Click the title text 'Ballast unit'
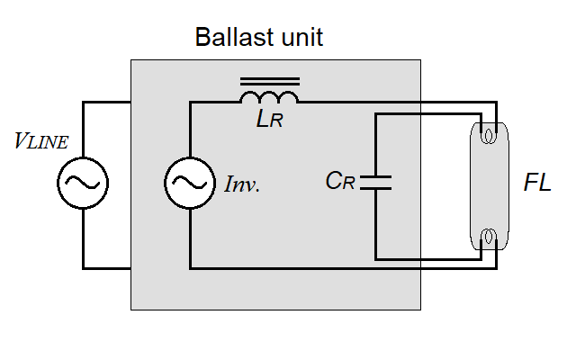coord(259,38)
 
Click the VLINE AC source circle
coord(83,184)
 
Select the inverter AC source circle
coord(190,184)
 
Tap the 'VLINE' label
coord(41,140)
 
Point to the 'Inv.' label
coord(241,186)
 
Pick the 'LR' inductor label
coord(269,120)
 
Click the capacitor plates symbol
coord(375,183)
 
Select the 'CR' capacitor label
coord(340,181)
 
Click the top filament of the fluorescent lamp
coord(488,137)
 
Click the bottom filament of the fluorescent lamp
coord(488,238)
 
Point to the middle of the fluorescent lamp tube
coord(488,187)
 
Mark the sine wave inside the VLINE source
coord(83,184)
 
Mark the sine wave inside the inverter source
coord(190,184)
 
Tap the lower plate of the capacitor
coord(375,189)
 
